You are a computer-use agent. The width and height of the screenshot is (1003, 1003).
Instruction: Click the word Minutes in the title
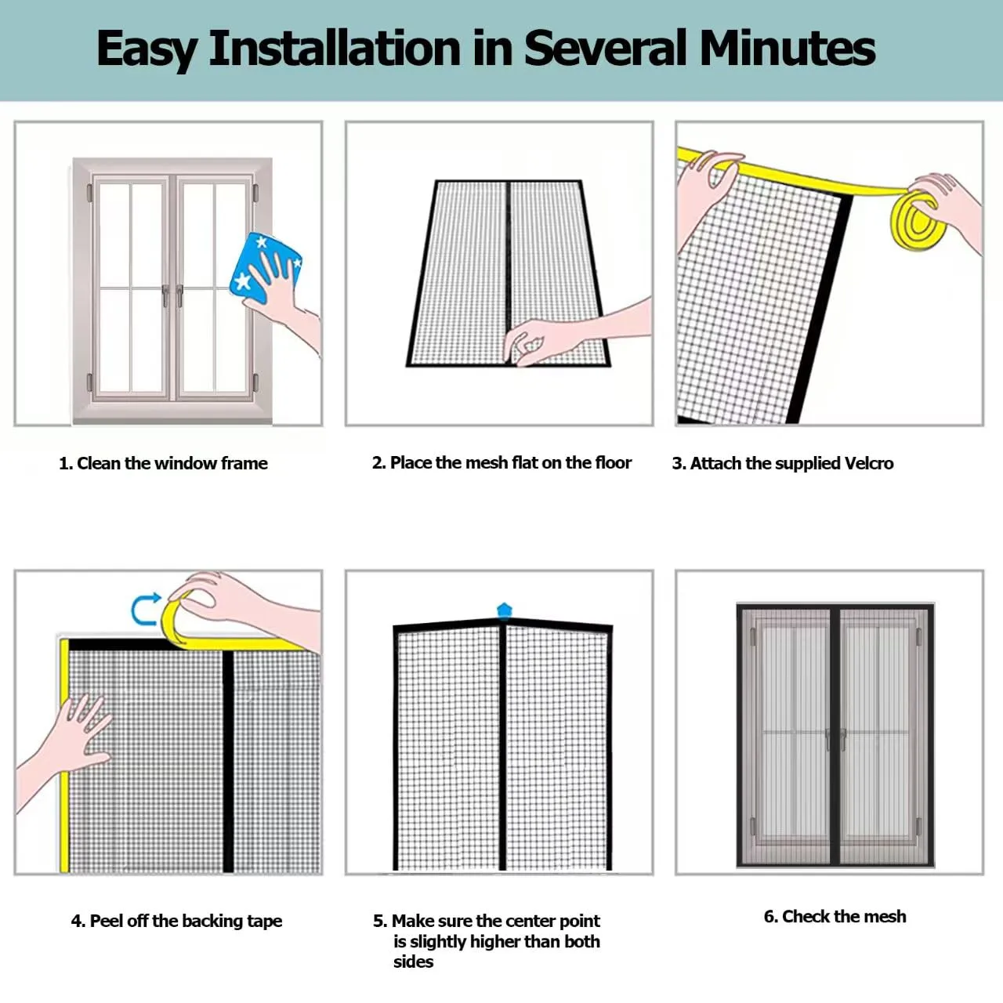click(787, 48)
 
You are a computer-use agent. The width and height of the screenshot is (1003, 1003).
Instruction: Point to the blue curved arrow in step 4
click(140, 609)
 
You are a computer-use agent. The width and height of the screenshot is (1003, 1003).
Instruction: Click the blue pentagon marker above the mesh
click(505, 610)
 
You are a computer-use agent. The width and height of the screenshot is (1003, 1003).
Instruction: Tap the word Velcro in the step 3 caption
click(869, 463)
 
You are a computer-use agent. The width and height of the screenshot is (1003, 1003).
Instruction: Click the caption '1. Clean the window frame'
click(163, 463)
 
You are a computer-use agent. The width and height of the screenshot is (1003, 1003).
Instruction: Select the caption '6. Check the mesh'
click(835, 916)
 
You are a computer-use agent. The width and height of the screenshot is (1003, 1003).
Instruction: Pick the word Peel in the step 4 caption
click(107, 921)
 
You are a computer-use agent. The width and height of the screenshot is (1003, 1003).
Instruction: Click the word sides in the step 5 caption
click(413, 961)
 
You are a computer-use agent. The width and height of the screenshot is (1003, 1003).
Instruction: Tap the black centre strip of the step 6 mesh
click(835, 735)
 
